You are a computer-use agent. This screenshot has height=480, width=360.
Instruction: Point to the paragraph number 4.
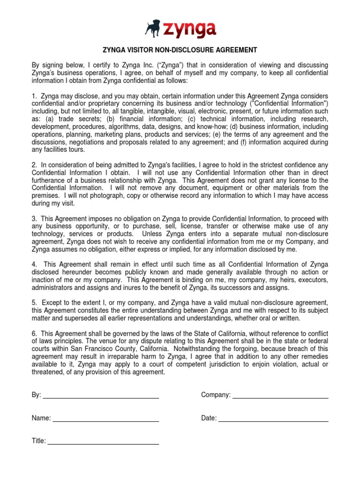[34, 265]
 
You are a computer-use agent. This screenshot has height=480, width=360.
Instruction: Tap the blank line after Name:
[105, 418]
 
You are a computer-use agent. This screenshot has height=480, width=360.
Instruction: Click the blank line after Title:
[103, 441]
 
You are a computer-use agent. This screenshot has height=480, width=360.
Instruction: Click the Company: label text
[216, 395]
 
